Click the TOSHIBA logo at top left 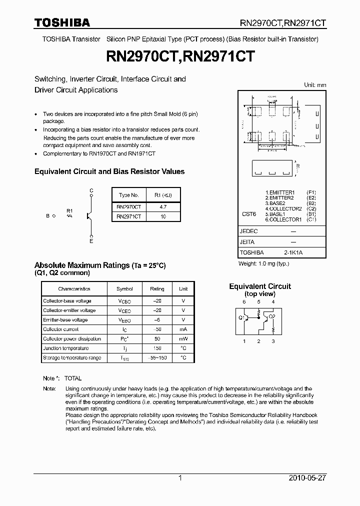pyautogui.click(x=62, y=22)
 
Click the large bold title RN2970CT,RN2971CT pyautogui.click(x=179, y=57)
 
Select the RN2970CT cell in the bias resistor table pyautogui.click(x=128, y=206)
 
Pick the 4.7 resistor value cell pyautogui.click(x=162, y=206)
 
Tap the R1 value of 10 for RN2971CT pyautogui.click(x=162, y=216)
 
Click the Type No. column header pyautogui.click(x=128, y=195)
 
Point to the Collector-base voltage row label pyautogui.click(x=67, y=301)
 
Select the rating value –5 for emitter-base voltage pyautogui.click(x=157, y=320)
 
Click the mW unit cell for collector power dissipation pyautogui.click(x=183, y=339)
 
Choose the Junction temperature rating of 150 pyautogui.click(x=157, y=348)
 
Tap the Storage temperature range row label pyautogui.click(x=72, y=358)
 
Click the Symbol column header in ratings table pyautogui.click(x=124, y=289)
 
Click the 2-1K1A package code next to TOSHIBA pyautogui.click(x=293, y=253)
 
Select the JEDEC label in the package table pyautogui.click(x=248, y=231)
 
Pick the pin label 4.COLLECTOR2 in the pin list pyautogui.click(x=283, y=208)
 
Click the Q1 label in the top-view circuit pyautogui.click(x=240, y=317)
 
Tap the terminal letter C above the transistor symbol pyautogui.click(x=91, y=190)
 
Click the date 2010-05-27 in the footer pyautogui.click(x=307, y=478)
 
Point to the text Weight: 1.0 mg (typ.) pyautogui.click(x=263, y=263)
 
